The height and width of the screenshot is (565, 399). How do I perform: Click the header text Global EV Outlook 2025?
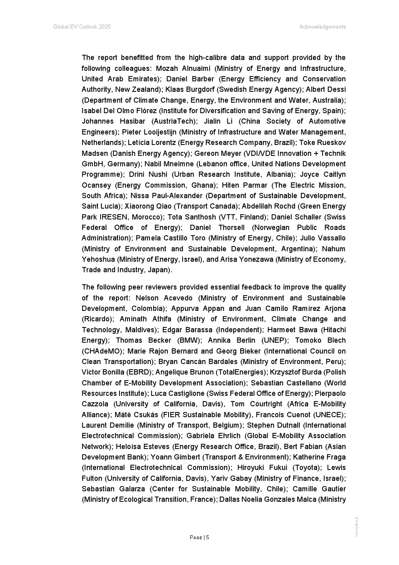[x=82, y=27]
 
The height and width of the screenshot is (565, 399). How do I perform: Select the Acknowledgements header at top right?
[x=322, y=27]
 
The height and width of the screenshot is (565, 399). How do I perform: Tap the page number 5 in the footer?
[x=208, y=537]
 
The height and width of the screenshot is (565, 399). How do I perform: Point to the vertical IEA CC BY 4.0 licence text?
[x=357, y=526]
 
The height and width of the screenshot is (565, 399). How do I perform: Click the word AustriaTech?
[x=175, y=121]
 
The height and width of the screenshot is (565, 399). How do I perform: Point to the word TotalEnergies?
[x=246, y=372]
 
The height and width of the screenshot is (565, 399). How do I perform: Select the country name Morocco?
[x=148, y=217]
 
